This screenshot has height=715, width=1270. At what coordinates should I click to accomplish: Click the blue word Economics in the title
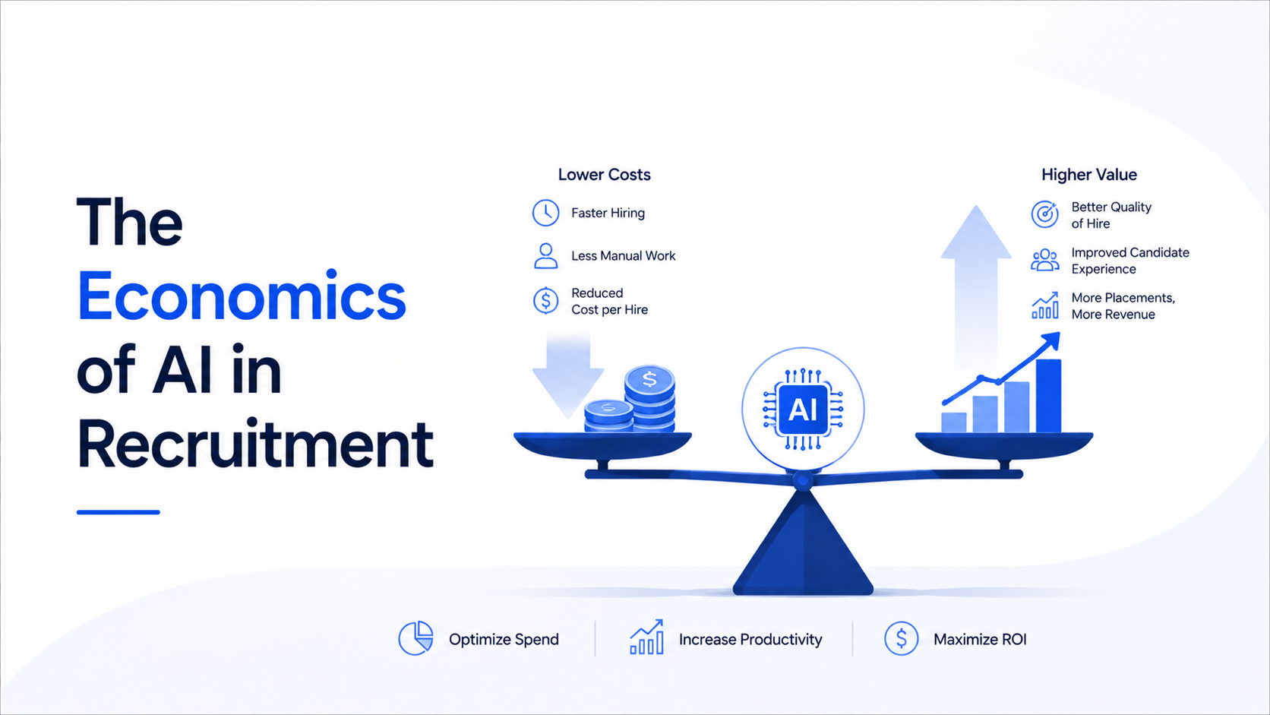click(x=242, y=296)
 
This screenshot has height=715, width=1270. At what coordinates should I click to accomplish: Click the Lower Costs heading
click(x=604, y=175)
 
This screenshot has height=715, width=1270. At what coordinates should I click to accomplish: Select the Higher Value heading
click(x=1089, y=175)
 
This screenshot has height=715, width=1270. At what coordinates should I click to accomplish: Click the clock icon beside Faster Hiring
click(x=545, y=213)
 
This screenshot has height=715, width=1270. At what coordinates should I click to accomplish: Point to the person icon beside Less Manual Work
click(x=545, y=256)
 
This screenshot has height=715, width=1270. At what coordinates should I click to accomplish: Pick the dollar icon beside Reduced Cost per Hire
click(x=545, y=301)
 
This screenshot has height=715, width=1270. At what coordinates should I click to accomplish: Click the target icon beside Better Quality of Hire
click(x=1044, y=214)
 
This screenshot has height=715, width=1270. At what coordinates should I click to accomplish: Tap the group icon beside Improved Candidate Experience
click(x=1044, y=261)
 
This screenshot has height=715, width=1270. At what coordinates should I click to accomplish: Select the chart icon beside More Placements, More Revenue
click(x=1045, y=305)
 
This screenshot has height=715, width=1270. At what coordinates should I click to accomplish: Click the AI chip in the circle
click(x=803, y=409)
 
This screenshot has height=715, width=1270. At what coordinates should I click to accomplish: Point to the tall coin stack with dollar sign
click(x=649, y=399)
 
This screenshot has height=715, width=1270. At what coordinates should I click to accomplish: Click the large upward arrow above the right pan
click(x=976, y=289)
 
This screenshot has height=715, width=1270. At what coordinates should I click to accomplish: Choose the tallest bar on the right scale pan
click(x=1048, y=396)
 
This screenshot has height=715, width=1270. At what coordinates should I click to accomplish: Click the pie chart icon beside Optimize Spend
click(x=415, y=638)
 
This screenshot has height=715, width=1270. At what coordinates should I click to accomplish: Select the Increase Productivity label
click(x=750, y=640)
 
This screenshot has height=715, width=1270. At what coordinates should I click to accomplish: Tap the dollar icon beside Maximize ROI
click(x=901, y=638)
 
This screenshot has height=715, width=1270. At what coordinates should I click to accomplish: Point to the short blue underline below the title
click(x=118, y=512)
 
